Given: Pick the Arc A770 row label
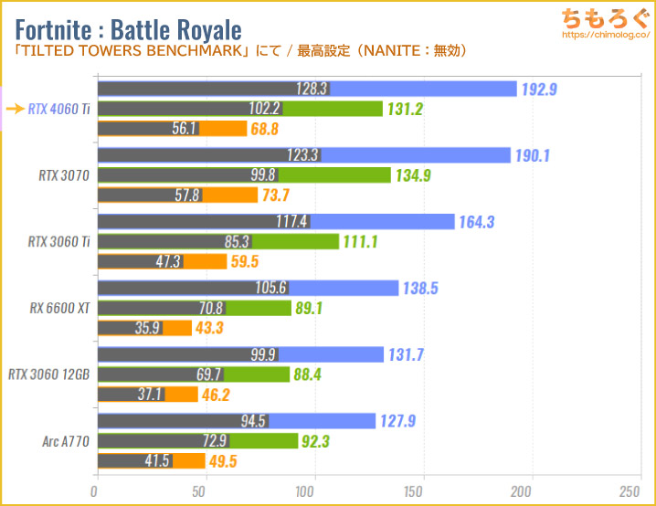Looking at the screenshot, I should (65, 440).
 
